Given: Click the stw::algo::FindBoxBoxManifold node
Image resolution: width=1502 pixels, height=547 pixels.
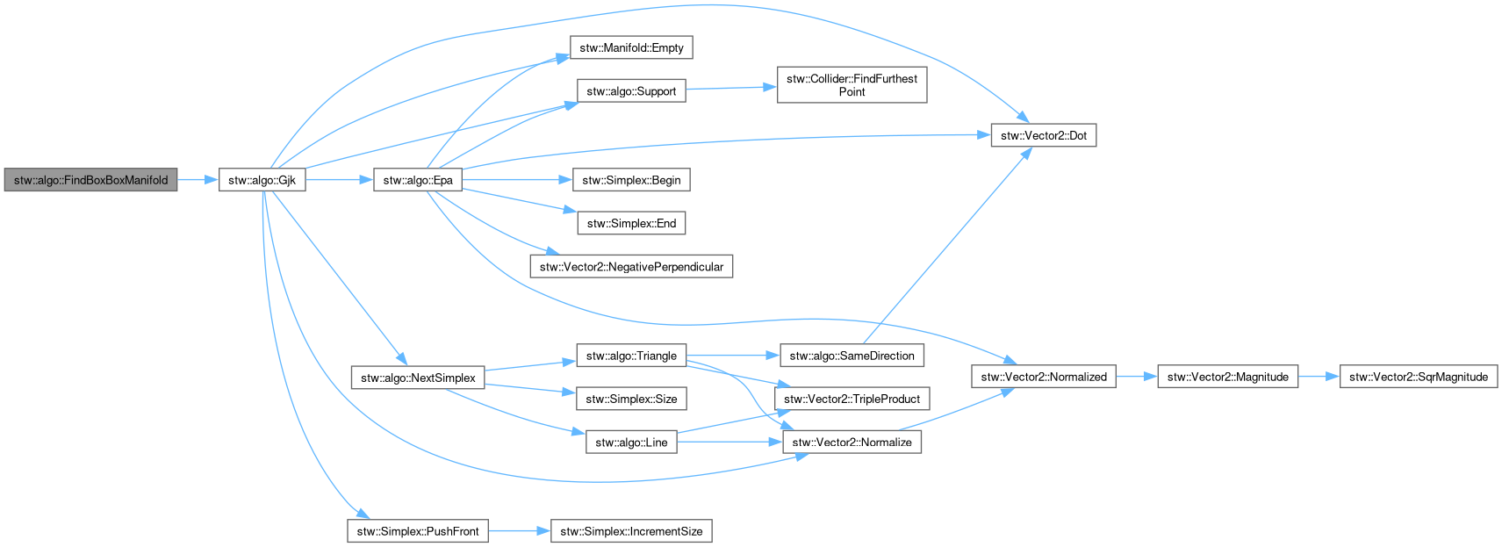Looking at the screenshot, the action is click(x=90, y=180).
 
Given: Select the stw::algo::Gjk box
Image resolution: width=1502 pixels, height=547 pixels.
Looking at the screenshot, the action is click(x=262, y=180).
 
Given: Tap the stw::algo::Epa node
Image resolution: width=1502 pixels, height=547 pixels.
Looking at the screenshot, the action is click(x=418, y=180).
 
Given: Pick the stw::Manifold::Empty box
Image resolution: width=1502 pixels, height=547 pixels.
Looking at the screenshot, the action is click(x=632, y=47).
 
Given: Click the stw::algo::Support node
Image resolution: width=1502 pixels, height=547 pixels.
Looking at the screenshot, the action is click(x=632, y=91).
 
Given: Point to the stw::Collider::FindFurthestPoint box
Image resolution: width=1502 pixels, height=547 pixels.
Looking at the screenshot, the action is click(x=852, y=84).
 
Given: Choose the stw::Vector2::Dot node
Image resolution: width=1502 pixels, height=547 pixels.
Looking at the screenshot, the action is click(x=1044, y=135).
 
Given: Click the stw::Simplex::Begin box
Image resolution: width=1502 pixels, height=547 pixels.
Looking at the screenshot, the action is click(x=632, y=180).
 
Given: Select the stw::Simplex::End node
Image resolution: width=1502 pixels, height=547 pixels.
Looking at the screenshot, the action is click(x=632, y=223).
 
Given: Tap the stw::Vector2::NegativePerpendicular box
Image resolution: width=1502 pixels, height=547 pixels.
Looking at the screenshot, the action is click(x=632, y=267).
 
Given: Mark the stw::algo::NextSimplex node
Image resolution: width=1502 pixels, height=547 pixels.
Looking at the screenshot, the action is click(x=418, y=378).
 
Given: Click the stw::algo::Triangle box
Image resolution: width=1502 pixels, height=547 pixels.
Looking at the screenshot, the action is click(x=632, y=356).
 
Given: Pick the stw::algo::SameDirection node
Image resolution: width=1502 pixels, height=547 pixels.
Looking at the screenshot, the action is click(x=852, y=356).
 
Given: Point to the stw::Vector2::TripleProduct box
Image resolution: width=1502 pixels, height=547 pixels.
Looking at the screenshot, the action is click(x=852, y=399).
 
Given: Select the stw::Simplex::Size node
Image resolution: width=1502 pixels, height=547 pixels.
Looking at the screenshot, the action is click(x=632, y=399).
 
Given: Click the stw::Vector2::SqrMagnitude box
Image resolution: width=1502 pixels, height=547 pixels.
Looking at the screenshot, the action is click(x=1419, y=377).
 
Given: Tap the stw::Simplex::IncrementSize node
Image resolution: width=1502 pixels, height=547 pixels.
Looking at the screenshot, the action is click(x=632, y=531).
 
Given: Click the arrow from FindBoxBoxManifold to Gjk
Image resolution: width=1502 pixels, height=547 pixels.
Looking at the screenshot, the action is click(x=198, y=180).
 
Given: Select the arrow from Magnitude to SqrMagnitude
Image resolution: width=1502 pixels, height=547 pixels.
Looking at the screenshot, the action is click(x=1319, y=377).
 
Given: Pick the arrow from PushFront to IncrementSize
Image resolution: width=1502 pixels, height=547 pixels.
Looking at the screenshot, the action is click(x=520, y=531).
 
